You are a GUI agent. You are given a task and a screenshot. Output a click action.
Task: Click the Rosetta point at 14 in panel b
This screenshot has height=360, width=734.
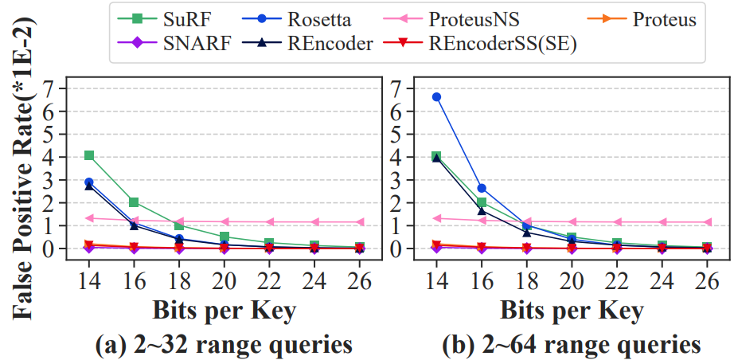(x=436, y=97)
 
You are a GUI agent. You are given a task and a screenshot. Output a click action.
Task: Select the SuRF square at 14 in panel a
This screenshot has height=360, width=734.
(x=89, y=155)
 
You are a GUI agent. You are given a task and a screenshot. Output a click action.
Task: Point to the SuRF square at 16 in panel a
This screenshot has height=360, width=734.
(x=134, y=202)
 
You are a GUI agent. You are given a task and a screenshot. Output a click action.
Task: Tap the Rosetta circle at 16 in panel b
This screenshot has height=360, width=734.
(x=481, y=188)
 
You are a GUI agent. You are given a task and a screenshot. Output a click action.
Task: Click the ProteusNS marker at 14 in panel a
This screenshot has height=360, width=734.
(x=89, y=217)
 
